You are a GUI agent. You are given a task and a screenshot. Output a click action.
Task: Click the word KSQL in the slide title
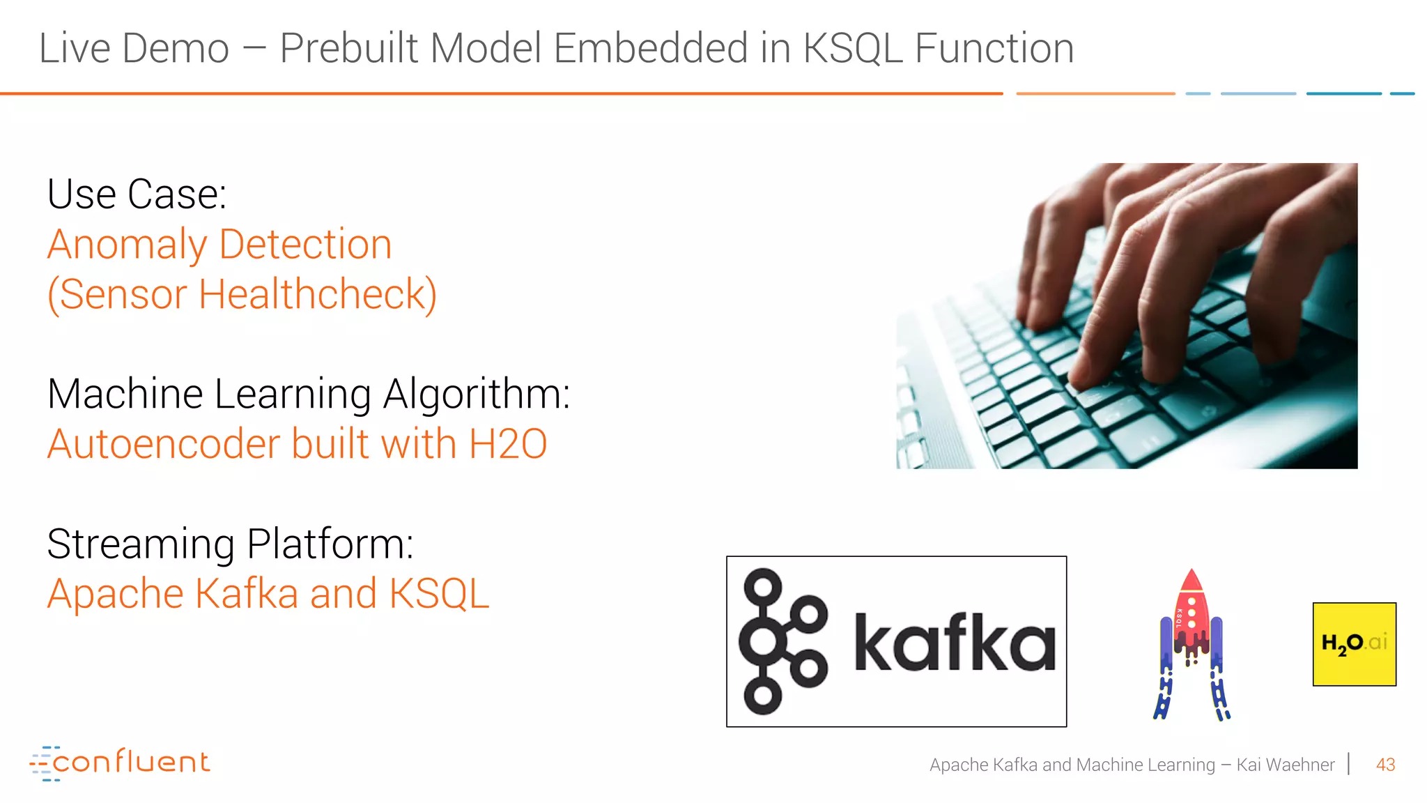point(852,49)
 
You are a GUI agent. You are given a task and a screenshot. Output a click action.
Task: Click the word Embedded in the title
point(649,49)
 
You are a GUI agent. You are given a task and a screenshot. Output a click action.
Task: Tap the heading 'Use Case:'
point(137,194)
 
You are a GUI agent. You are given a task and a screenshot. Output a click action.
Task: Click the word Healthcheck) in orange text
point(318,295)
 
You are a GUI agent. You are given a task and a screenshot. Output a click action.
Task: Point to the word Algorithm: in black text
point(477,395)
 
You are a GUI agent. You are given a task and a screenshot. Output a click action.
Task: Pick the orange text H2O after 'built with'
point(508,445)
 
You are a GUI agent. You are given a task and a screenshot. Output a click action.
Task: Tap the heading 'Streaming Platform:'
point(230,544)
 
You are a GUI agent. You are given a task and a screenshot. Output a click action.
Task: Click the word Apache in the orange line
point(116,595)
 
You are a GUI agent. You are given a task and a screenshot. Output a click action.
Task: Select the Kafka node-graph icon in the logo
point(780,641)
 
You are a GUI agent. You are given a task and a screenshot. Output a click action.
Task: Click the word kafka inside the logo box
point(955,643)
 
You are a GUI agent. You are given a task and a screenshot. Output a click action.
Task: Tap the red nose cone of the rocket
point(1191,581)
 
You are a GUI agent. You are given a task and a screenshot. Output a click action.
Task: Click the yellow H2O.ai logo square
point(1354,644)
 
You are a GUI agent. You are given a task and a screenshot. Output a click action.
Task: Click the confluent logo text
point(131,763)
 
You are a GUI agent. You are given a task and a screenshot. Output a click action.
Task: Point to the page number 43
point(1385,765)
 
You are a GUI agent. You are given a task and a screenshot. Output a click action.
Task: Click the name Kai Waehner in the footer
point(1285,765)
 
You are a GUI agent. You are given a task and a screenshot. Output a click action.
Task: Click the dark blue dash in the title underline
point(1343,93)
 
